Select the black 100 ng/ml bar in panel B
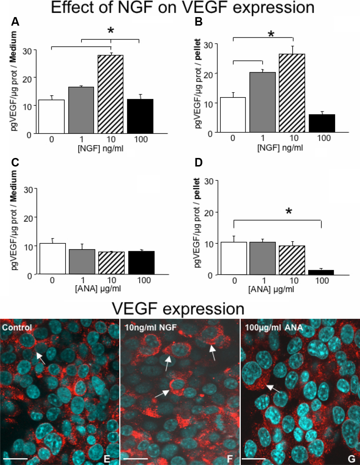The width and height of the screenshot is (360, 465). (x=322, y=123)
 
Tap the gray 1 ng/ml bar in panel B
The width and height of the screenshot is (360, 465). (x=262, y=102)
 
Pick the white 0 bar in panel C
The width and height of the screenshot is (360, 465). (x=52, y=259)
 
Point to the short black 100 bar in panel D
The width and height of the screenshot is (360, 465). (x=321, y=273)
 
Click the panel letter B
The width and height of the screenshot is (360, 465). (x=199, y=22)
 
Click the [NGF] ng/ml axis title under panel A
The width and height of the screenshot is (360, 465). (x=100, y=149)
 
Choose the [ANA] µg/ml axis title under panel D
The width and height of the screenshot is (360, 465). (x=271, y=290)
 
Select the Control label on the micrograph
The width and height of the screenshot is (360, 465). (x=17, y=327)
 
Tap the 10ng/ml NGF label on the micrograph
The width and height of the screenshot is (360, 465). (x=151, y=327)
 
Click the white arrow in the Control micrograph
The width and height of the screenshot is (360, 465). (x=41, y=358)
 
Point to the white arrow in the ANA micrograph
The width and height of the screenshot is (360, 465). (x=273, y=389)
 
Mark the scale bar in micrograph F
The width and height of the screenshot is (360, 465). (x=136, y=459)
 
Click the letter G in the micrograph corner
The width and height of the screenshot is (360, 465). (x=351, y=459)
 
